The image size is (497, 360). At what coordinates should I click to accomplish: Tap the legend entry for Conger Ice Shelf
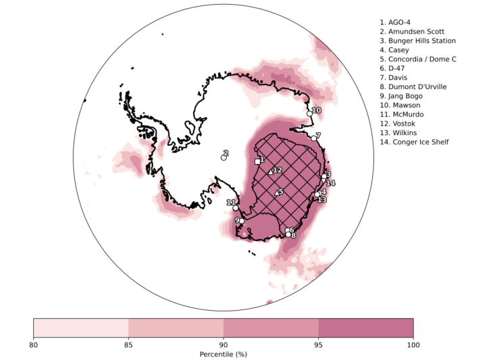[x=419, y=142]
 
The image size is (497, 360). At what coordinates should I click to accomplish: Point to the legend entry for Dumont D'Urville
[x=417, y=86]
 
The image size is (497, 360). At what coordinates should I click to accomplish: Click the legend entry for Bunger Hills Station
[x=421, y=41]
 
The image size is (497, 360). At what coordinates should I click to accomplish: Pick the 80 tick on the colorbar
[x=34, y=336]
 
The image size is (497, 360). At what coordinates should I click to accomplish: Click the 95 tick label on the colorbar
[x=318, y=345]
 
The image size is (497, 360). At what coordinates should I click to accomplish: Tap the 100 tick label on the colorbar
[x=413, y=345]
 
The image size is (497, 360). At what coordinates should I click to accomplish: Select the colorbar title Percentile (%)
[x=224, y=355]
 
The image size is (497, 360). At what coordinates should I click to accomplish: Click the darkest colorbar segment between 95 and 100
[x=365, y=328]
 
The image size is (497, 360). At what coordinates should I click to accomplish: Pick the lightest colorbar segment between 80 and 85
[x=81, y=328]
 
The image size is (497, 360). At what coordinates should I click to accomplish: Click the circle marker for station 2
[x=224, y=157]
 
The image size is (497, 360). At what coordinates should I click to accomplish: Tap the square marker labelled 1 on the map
[x=257, y=161]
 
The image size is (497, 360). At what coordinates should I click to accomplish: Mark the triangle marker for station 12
[x=270, y=172]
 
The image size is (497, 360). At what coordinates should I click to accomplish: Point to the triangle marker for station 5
[x=276, y=193]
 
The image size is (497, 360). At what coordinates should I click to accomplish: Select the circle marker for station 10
[x=310, y=113]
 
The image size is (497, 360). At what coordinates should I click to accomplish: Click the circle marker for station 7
[x=314, y=138]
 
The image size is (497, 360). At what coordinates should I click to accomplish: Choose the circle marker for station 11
[x=236, y=207]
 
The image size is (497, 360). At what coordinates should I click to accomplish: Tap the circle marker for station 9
[x=242, y=221]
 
